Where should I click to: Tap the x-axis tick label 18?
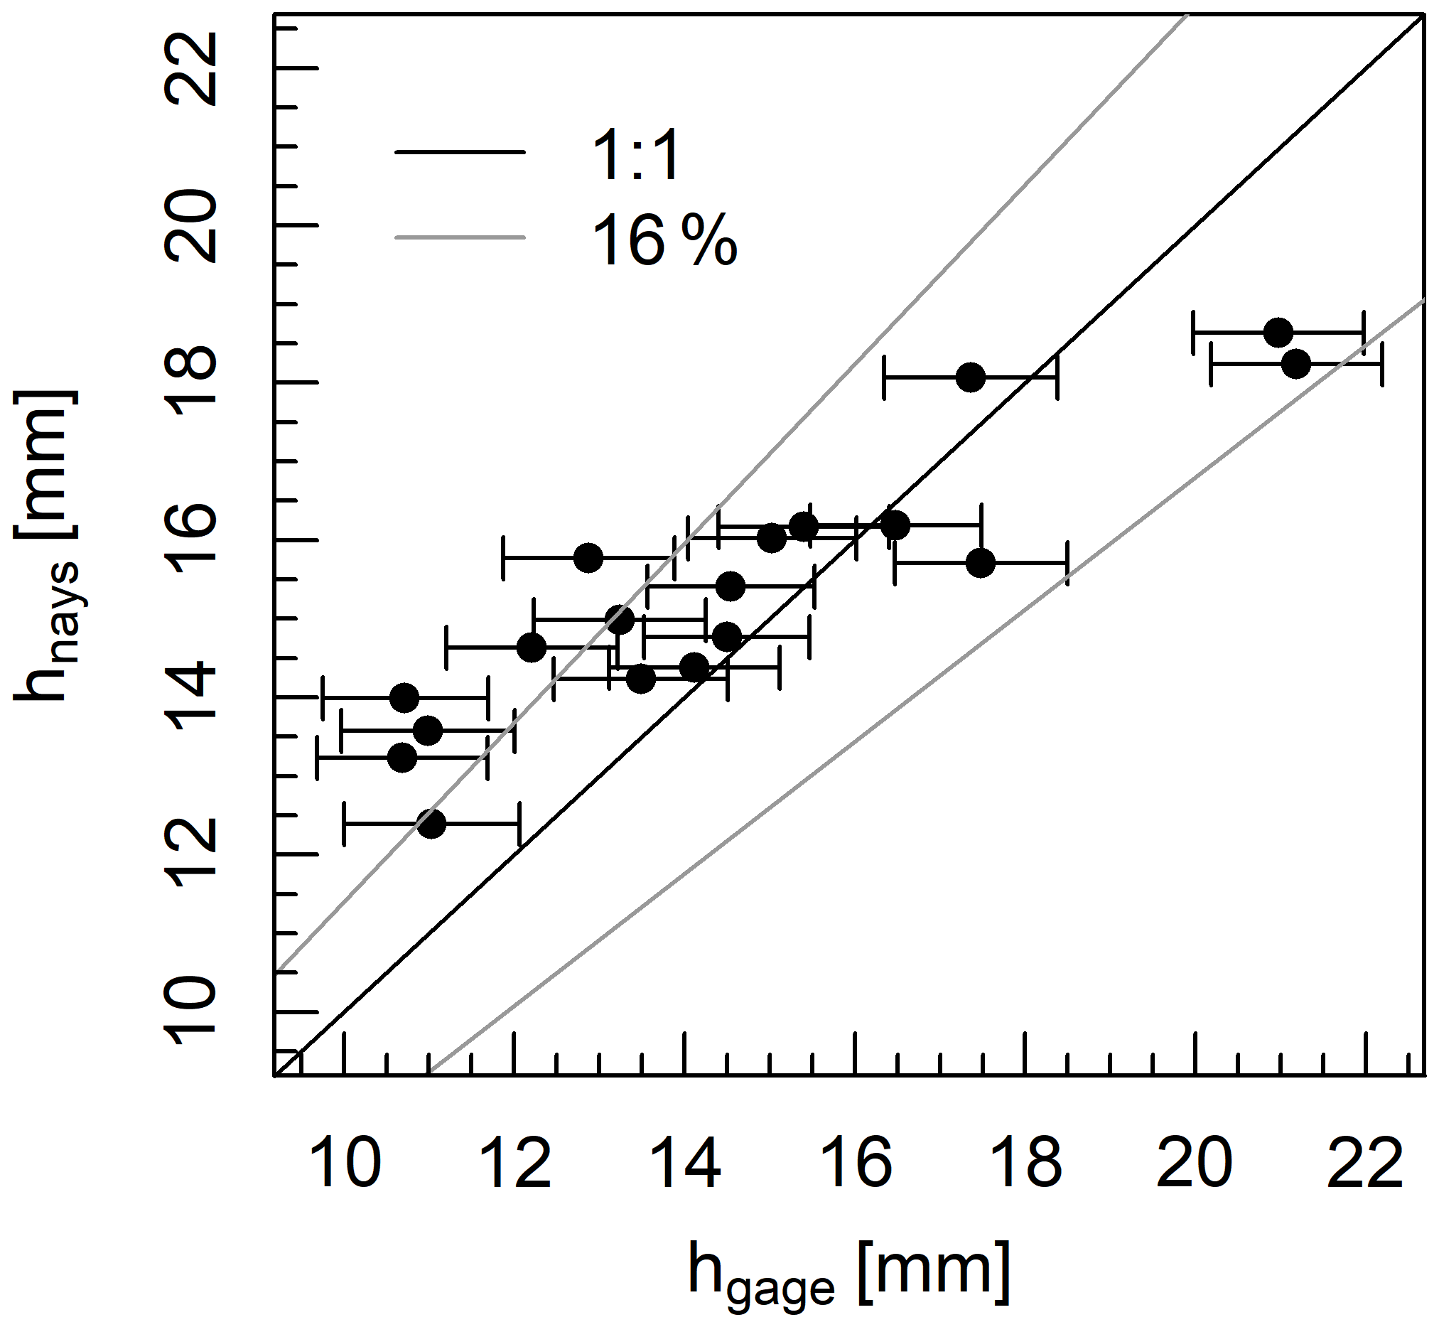pyautogui.click(x=1026, y=1164)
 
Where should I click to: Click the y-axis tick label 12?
pyautogui.click(x=191, y=854)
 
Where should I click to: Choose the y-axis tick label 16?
pyautogui.click(x=191, y=540)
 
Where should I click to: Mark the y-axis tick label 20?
pyautogui.click(x=191, y=226)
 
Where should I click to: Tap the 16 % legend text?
pyautogui.click(x=664, y=241)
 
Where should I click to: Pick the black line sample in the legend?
pyautogui.click(x=460, y=151)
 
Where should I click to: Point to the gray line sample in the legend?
pyautogui.click(x=460, y=236)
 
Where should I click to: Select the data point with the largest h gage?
pyautogui.click(x=1296, y=364)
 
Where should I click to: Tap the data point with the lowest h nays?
pyautogui.click(x=431, y=824)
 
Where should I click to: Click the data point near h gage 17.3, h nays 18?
pyautogui.click(x=971, y=377)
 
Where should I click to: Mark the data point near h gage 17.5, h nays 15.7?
pyautogui.click(x=981, y=563)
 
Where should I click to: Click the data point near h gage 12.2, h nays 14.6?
pyautogui.click(x=532, y=647)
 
